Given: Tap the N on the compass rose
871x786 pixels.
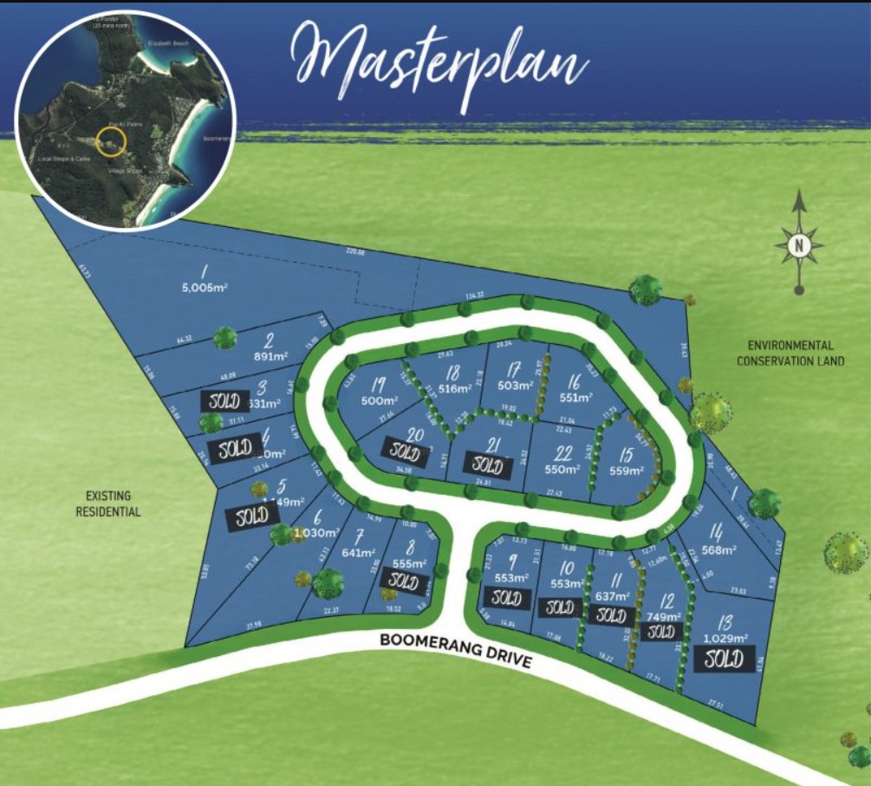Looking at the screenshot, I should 799,245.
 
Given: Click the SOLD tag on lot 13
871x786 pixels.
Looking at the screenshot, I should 724,659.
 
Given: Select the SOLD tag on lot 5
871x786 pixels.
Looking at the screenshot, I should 252,516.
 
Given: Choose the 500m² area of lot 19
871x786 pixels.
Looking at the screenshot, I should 378,401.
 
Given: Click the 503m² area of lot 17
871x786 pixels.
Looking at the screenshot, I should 515,385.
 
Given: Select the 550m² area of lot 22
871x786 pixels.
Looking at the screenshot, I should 561,469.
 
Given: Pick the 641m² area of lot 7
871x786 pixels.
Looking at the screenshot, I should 358,553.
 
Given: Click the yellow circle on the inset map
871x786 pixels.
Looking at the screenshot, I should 111,142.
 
